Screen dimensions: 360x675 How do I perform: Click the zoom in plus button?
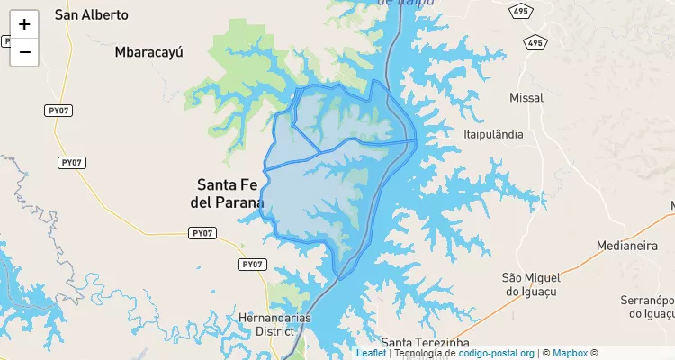[x=24, y=24]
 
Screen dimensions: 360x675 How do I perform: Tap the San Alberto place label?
[x=91, y=14]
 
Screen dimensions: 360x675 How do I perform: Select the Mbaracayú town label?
[x=148, y=52]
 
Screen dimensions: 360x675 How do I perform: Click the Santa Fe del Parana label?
[x=227, y=193]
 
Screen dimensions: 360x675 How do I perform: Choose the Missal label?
[x=527, y=97]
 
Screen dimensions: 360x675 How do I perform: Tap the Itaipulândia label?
[x=492, y=133]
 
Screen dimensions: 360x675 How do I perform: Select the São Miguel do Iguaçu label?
[x=525, y=283]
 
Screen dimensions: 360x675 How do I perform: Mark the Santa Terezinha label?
[x=425, y=343]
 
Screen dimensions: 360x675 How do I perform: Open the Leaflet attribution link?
[x=371, y=353]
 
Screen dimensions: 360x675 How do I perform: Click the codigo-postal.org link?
[x=497, y=353]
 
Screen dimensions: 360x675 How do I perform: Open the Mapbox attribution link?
[x=570, y=353]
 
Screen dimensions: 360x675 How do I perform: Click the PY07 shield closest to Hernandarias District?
[x=254, y=264]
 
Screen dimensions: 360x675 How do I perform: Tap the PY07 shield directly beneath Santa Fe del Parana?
[x=204, y=233]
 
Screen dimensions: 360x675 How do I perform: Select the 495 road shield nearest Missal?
[x=535, y=42]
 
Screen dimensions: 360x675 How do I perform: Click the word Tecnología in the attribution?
[x=421, y=353]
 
